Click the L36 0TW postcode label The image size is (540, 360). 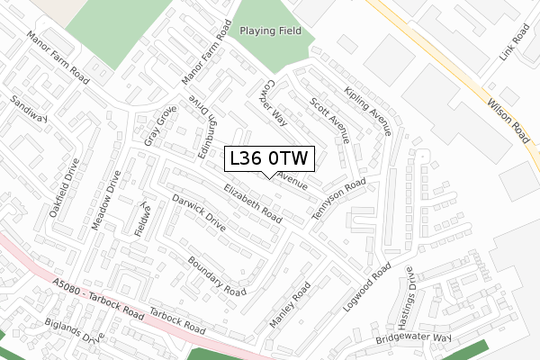pyautogui.click(x=269, y=158)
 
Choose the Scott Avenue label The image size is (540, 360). pyautogui.click(x=328, y=120)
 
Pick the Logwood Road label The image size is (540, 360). pyautogui.click(x=367, y=287)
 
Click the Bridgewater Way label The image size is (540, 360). pyautogui.click(x=413, y=338)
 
